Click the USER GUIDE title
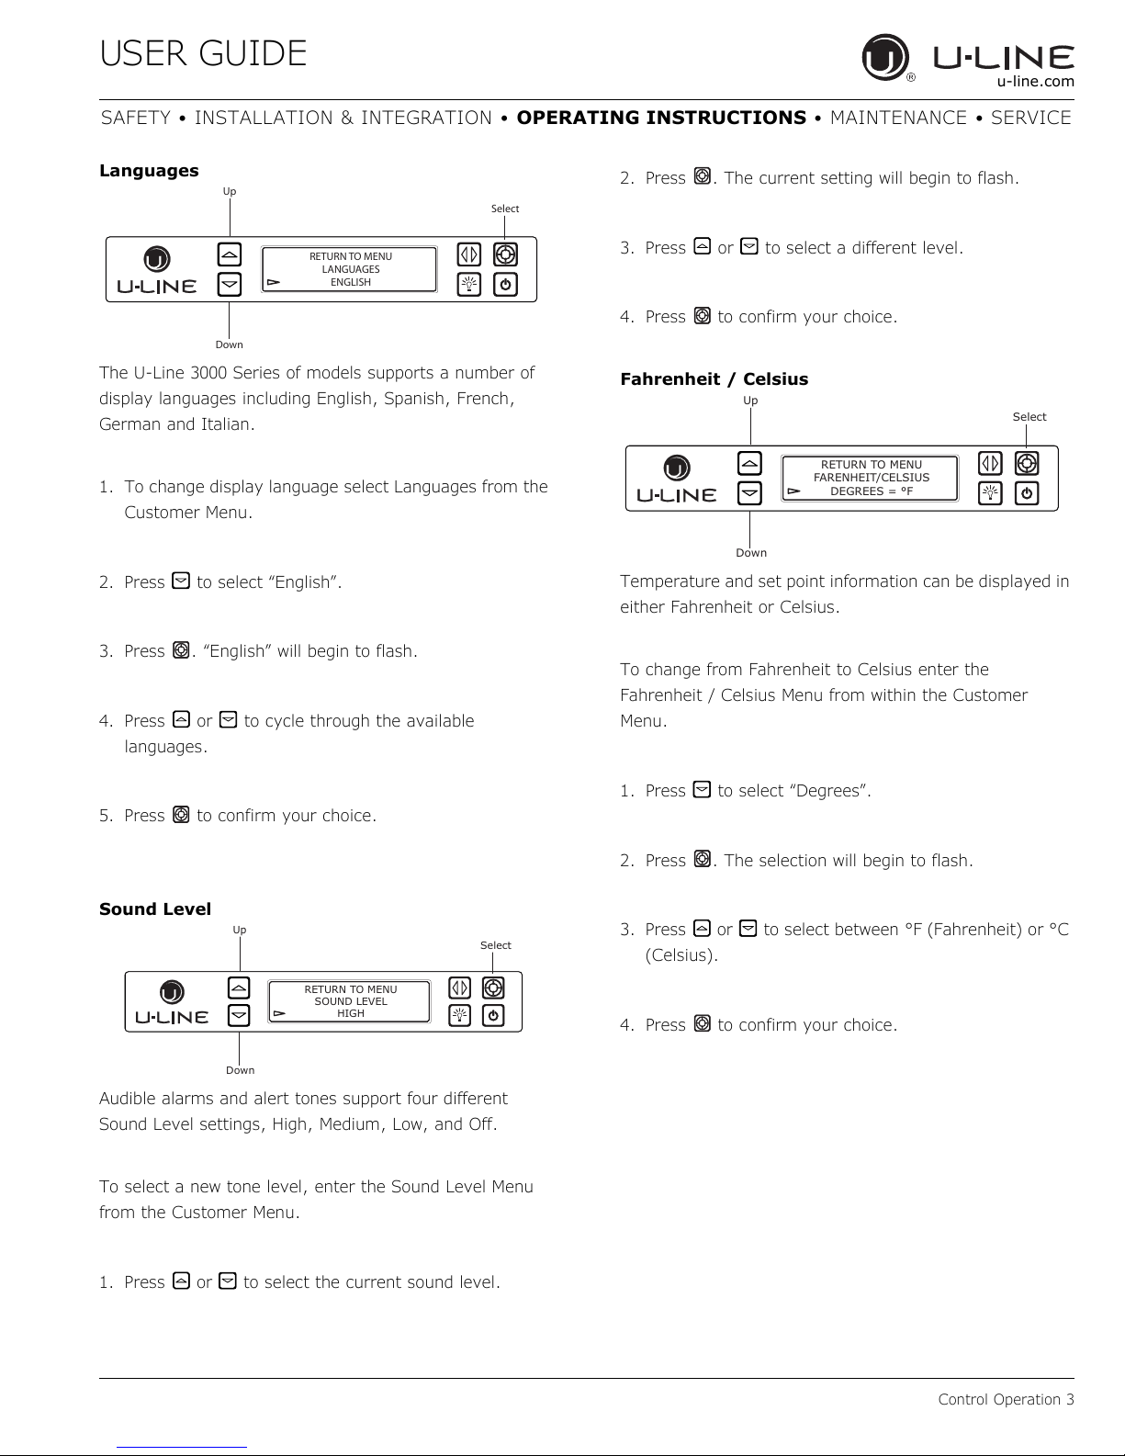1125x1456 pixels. [203, 53]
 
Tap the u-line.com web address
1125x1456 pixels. [1035, 82]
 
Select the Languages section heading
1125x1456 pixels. [149, 171]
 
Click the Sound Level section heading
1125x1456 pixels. [155, 909]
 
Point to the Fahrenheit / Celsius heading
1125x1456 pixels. [714, 379]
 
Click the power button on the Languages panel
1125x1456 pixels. [505, 285]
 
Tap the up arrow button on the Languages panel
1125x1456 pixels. [230, 254]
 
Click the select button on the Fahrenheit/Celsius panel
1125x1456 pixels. [1027, 463]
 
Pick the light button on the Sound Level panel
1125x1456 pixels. [459, 1015]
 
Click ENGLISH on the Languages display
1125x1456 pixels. [351, 282]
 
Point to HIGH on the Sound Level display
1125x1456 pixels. [351, 1013]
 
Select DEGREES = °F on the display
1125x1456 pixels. [872, 491]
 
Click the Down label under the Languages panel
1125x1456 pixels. [230, 344]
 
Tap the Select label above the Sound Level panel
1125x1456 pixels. [496, 945]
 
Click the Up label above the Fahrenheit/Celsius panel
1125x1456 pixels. [750, 401]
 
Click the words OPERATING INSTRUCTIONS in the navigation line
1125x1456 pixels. [661, 119]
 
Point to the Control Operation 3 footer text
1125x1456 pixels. [1006, 1399]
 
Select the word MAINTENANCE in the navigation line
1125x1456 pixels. [898, 119]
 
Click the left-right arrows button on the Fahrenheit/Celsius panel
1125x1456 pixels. [990, 463]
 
